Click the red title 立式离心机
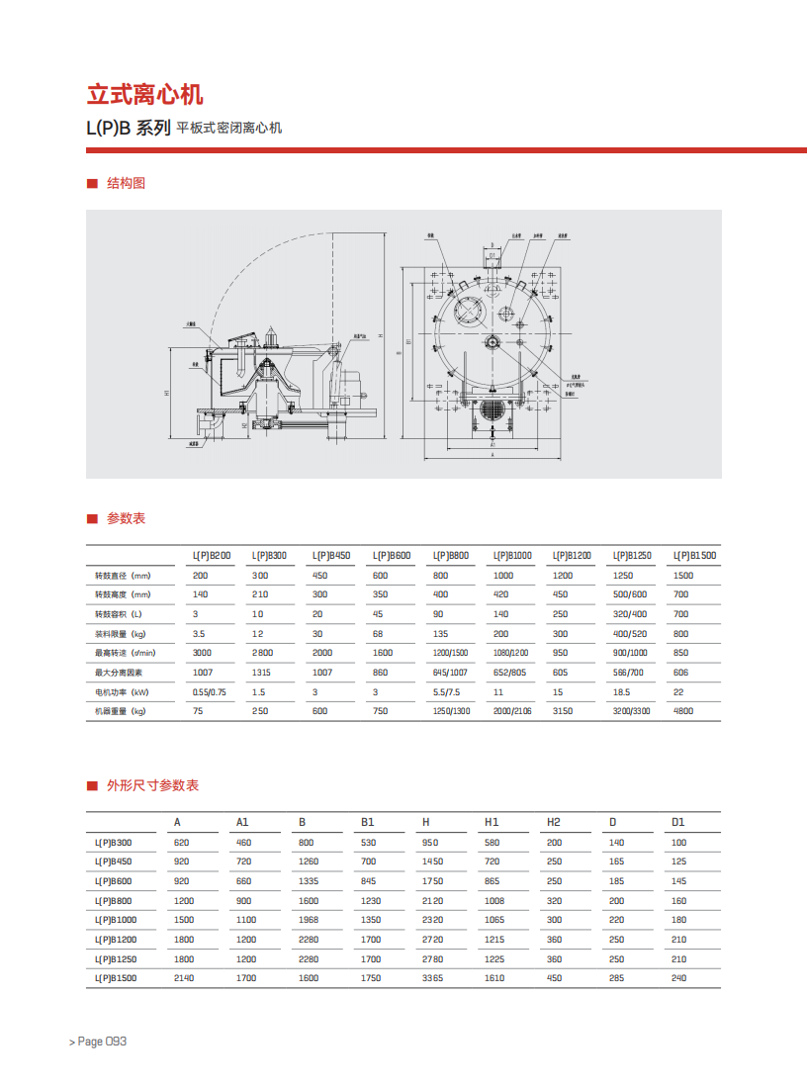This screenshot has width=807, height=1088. coord(144,95)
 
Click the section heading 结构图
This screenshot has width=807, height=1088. coord(126,183)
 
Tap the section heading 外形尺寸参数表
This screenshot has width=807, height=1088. coord(152,785)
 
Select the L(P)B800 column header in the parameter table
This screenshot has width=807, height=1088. coord(450,556)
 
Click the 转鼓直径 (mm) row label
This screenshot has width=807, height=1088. coord(122,576)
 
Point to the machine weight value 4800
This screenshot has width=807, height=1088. coord(683,711)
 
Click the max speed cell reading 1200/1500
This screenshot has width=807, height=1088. coord(450,653)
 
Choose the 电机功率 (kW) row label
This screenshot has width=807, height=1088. coord(122,692)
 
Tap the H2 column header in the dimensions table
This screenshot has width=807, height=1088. coord(554,822)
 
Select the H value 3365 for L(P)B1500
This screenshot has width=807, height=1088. coord(432,978)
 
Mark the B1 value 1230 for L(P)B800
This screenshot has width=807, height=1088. coord(370,901)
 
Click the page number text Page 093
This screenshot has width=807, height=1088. coord(98,1042)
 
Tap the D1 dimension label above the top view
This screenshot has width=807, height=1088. coord(492,255)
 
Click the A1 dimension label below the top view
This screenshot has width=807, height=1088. coord(493,445)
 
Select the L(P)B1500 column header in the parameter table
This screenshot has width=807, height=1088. coord(694,556)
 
